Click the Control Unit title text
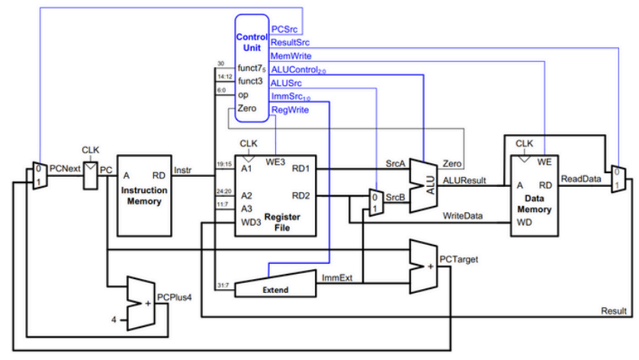click(x=251, y=41)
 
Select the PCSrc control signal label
click(x=284, y=29)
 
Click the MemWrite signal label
click(x=291, y=56)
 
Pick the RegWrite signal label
click(x=289, y=110)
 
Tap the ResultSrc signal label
click(x=291, y=43)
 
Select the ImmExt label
click(x=337, y=278)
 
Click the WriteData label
click(x=463, y=216)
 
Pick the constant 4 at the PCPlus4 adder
click(x=114, y=319)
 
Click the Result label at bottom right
click(x=614, y=311)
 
